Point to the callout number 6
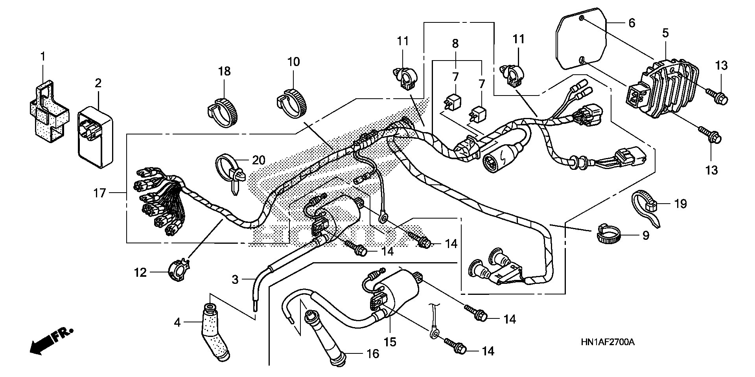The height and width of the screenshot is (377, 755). coord(632,23)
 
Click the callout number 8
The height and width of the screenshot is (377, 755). coord(455,44)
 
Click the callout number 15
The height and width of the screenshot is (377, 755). coord(390,342)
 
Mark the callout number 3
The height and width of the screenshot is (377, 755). coord(235,280)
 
